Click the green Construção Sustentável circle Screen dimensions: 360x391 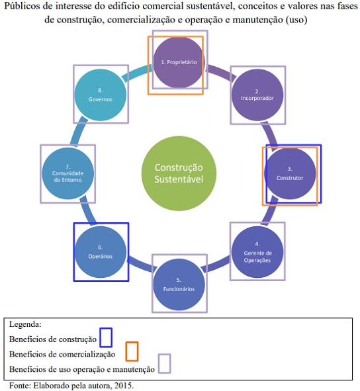tap(179, 173)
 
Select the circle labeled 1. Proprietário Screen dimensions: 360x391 tap(179, 62)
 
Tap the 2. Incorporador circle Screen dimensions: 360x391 tap(257, 95)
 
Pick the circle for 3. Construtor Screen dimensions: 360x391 tap(290, 173)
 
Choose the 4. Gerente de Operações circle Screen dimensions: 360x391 tap(257, 252)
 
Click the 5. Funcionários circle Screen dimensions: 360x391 tap(179, 284)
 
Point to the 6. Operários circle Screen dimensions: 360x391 tap(101, 252)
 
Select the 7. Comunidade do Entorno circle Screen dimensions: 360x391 tap(67, 173)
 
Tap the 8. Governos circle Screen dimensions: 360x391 tap(101, 95)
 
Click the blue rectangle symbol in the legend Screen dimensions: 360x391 tap(106, 337)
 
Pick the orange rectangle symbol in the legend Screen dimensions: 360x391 tap(132, 351)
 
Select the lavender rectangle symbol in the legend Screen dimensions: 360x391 tap(164, 363)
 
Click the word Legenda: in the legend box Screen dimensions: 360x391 tap(25, 324)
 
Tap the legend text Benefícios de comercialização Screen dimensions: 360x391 tap(62, 355)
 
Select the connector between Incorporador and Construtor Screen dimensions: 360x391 tap(271, 135)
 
